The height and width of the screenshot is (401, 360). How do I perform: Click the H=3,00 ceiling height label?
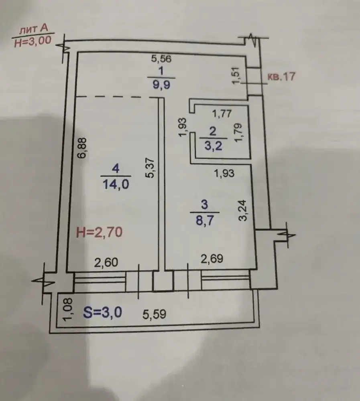[33, 41]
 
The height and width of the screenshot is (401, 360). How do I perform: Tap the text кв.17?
[281, 77]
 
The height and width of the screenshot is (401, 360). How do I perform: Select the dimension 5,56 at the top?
[161, 59]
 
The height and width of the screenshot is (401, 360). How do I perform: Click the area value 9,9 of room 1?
[161, 84]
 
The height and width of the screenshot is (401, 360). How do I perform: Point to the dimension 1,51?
[236, 75]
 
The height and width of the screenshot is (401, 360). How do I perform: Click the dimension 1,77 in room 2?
[222, 113]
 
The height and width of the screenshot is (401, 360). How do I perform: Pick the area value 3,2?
[213, 146]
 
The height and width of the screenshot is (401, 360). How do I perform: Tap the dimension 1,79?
[238, 132]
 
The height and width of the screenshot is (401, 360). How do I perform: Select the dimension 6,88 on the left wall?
[83, 148]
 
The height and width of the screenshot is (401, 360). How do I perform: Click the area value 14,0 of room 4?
[116, 184]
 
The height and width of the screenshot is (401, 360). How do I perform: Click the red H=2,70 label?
[100, 232]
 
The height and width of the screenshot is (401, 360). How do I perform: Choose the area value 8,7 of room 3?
[205, 220]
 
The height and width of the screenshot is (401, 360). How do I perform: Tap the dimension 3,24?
[242, 210]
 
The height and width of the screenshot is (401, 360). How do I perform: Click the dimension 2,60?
[106, 263]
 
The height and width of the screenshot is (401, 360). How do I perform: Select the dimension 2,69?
[212, 259]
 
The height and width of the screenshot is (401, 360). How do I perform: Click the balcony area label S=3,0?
[102, 312]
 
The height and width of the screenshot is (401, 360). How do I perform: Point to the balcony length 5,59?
[155, 314]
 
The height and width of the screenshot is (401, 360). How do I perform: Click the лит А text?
[34, 29]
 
